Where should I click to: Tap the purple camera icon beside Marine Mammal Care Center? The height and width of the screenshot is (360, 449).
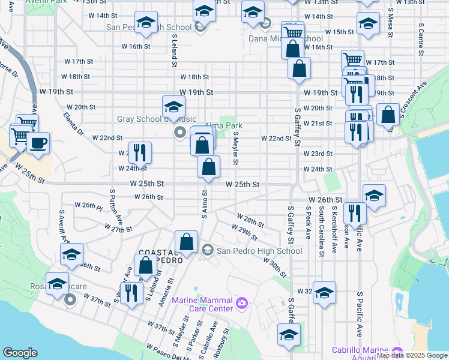(x=242, y=302)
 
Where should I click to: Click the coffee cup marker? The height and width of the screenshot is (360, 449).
(x=38, y=143)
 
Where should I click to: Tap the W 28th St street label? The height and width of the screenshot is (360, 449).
(x=250, y=220)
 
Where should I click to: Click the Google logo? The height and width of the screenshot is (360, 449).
(x=20, y=353)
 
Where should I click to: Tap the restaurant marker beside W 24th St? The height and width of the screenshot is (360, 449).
(x=137, y=152)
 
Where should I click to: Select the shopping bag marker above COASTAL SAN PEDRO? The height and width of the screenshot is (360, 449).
(x=187, y=242)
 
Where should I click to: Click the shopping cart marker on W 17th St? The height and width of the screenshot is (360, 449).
(x=352, y=60)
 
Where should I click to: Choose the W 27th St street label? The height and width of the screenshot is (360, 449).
(x=118, y=229)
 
